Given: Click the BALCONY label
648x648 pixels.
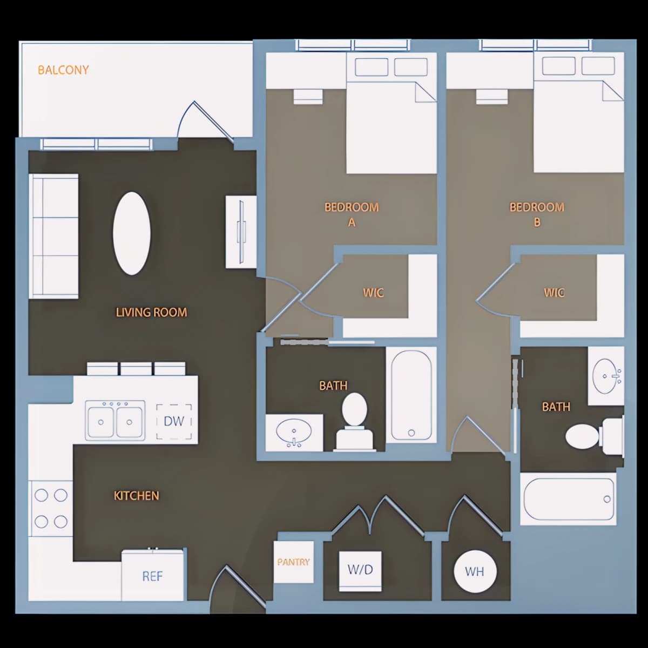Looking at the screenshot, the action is coord(63,70).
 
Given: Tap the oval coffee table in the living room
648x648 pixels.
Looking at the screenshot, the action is coord(131,233).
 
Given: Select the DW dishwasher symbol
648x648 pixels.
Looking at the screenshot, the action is coord(174,421).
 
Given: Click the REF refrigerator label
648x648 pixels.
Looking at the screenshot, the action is coord(152,576).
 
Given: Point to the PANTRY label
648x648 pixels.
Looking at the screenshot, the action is coord(293,562).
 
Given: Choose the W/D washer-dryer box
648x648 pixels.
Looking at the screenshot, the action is coord(360,571).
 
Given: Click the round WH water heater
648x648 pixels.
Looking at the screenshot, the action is coord(475,571).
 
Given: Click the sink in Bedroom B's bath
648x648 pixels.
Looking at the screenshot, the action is coord(606,376).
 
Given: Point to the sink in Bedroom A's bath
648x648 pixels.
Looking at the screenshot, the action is coord(294,433).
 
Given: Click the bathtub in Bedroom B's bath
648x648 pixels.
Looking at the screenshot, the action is coord(568,500).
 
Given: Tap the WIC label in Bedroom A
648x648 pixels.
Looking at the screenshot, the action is coord(373,293).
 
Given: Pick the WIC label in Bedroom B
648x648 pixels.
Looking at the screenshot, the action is coord(554,293).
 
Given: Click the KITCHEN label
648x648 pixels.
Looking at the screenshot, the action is coord(136,496).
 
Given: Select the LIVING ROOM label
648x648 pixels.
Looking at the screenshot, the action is coord(151,313).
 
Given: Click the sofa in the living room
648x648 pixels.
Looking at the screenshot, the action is coord(53,236).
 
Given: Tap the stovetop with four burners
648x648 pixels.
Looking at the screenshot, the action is coord(51,509).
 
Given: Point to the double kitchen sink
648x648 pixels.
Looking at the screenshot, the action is coord(115,421).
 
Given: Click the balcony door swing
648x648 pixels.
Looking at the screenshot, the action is coord(205,120).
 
